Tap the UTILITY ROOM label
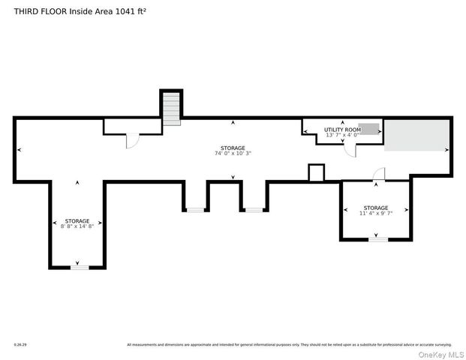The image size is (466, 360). (342, 130)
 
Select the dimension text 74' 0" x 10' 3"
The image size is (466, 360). (233, 153)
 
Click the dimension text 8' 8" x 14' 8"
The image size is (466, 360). (77, 226)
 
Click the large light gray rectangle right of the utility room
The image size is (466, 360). (416, 135)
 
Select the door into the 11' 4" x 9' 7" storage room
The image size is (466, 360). (380, 175)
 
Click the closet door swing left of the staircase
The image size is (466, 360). (132, 141)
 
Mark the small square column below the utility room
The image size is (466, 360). (316, 173)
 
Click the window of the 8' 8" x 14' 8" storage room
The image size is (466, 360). (80, 267)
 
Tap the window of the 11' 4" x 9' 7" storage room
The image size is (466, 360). (377, 239)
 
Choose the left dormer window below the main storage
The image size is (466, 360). (195, 210)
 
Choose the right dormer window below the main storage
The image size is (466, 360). (254, 210)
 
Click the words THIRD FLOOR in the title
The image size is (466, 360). (37, 10)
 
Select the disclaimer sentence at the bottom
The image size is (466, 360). (289, 345)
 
